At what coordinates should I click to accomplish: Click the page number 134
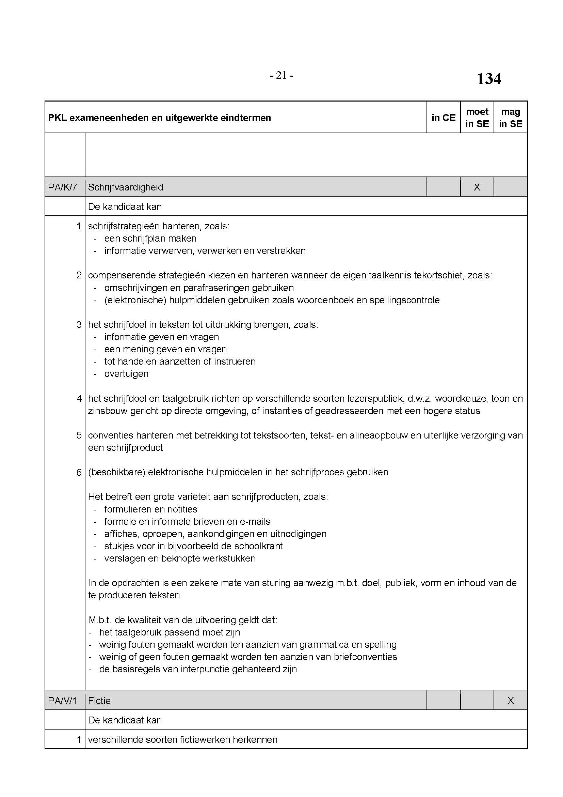[x=488, y=79]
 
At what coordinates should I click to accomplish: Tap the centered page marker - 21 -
[x=281, y=75]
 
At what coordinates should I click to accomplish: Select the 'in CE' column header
[x=444, y=118]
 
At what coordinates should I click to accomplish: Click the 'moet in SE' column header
[x=477, y=118]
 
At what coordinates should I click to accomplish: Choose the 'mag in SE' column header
[x=510, y=118]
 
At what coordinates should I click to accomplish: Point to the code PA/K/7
[x=63, y=187]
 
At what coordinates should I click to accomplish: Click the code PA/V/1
[x=62, y=701]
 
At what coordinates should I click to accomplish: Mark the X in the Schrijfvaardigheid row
[x=477, y=187]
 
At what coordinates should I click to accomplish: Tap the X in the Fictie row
[x=510, y=701]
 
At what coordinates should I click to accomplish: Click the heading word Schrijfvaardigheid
[x=126, y=187]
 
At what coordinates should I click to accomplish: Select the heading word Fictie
[x=99, y=701]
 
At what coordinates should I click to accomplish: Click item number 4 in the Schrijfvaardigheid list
[x=79, y=399]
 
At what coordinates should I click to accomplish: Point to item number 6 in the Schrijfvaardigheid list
[x=79, y=472]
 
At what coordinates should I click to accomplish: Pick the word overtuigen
[x=126, y=374]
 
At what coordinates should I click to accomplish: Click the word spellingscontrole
[x=404, y=300]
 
